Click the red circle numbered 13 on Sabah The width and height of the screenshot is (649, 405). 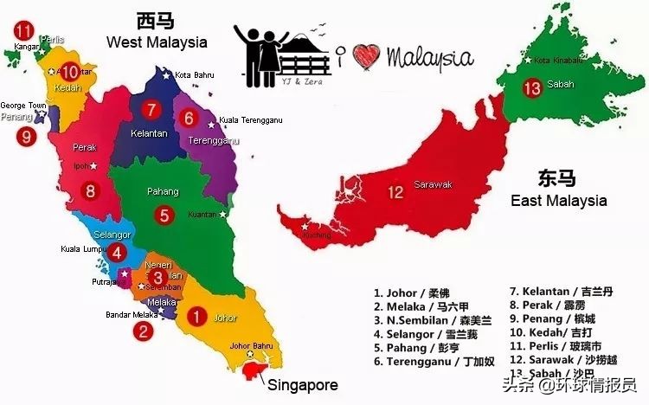[x=533, y=87]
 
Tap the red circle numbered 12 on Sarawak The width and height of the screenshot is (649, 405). [x=395, y=192]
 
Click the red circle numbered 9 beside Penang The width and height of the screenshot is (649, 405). [x=26, y=136]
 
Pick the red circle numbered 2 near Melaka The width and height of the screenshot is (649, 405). [x=142, y=329]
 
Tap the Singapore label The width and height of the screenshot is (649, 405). [x=302, y=384]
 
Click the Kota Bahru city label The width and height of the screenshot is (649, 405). [x=195, y=75]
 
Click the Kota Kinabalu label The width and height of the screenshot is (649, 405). [x=560, y=61]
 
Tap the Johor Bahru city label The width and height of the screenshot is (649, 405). [x=252, y=346]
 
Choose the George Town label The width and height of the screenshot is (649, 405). [x=23, y=106]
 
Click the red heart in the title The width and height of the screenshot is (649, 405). [x=368, y=56]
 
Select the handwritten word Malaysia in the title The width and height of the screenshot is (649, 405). [x=430, y=57]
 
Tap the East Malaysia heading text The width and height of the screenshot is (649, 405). [x=558, y=201]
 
